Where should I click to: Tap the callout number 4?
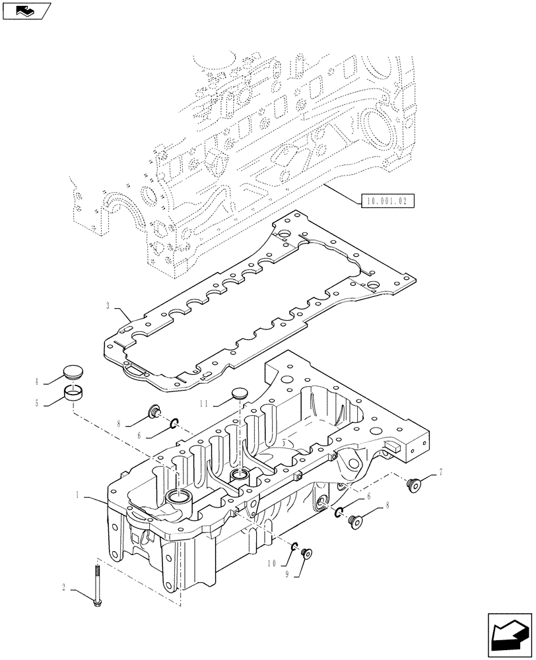37,380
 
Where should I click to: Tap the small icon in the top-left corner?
26,11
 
